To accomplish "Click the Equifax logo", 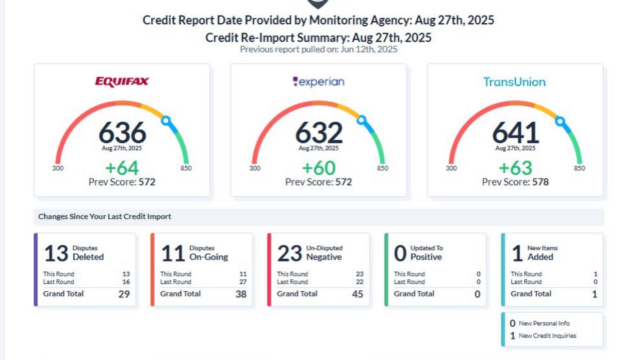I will tap(122, 82).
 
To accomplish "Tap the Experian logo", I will tap(318, 82).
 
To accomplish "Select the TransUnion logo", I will tap(514, 82).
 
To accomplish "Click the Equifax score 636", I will tap(122, 132).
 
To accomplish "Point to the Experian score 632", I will tap(318, 132).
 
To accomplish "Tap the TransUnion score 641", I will tap(515, 132).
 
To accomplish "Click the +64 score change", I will tap(122, 168).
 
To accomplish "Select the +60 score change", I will tap(318, 168).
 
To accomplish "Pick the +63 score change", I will tap(515, 168).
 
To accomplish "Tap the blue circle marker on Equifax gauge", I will tap(166, 120).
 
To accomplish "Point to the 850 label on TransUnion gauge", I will tap(579, 168).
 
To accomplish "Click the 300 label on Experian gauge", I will tap(254, 168).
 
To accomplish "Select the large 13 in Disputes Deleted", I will tap(56, 253).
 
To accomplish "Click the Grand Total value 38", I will tap(241, 294).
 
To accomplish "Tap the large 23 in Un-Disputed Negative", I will tap(290, 253).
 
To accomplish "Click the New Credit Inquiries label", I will tap(547, 335).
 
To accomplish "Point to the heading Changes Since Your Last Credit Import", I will tap(105, 216).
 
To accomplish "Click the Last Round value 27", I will tap(243, 282).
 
